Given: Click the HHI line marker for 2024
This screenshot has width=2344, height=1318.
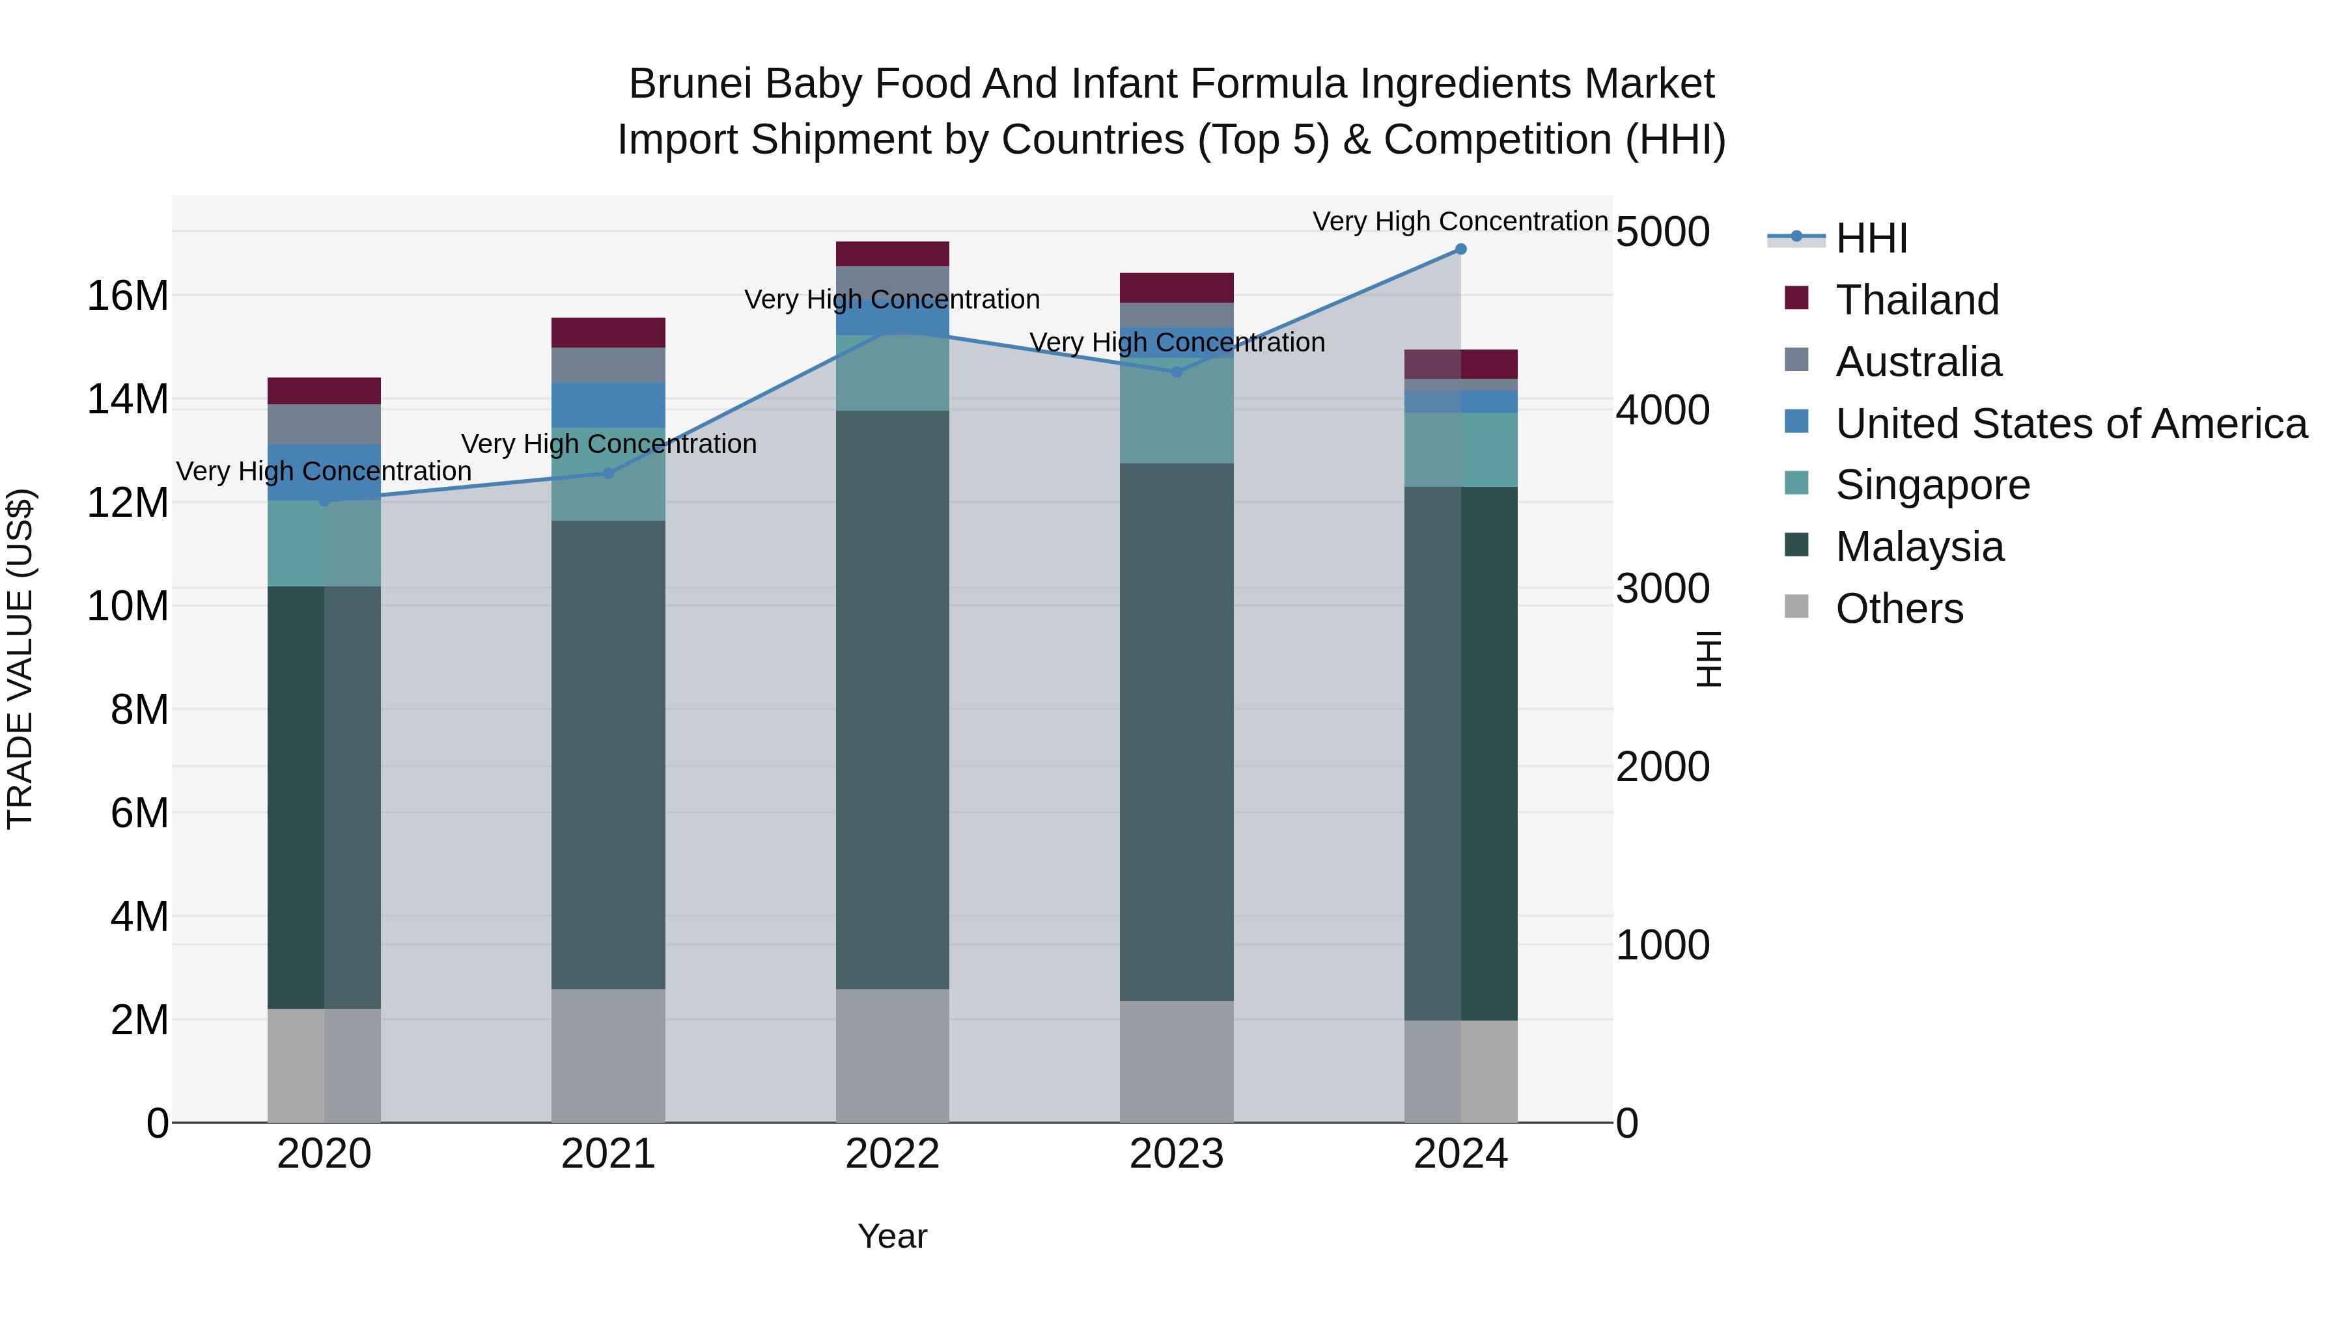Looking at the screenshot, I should coord(1460,249).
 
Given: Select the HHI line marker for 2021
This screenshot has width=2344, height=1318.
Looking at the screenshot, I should coord(609,473).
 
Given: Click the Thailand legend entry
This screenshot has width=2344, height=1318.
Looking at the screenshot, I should coord(1916,300).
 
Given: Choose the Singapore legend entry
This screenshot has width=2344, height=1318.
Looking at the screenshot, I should coord(1932,485).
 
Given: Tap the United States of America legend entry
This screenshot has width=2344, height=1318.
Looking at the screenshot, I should coord(2070,424).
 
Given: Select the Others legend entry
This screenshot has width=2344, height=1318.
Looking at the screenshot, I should coord(1899,609).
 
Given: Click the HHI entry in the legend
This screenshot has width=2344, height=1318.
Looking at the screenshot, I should coord(1871,238).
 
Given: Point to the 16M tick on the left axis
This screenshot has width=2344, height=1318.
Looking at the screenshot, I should coord(128,297).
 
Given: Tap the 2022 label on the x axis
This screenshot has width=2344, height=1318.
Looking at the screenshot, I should coord(892,1154).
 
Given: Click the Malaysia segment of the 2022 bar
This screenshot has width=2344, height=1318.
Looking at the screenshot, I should coord(892,700).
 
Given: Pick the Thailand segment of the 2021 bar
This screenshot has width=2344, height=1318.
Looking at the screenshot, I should coord(608,333).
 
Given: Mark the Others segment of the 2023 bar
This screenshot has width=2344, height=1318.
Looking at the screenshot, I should coord(1176,1062).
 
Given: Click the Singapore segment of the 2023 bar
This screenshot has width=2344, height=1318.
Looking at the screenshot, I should coord(1176,414).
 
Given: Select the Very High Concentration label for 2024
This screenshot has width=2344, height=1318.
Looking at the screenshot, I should coord(1460,221).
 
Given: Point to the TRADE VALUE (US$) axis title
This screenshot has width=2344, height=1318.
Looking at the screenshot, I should coord(20,659).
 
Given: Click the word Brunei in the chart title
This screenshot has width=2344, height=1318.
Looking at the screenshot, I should coord(689,85).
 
